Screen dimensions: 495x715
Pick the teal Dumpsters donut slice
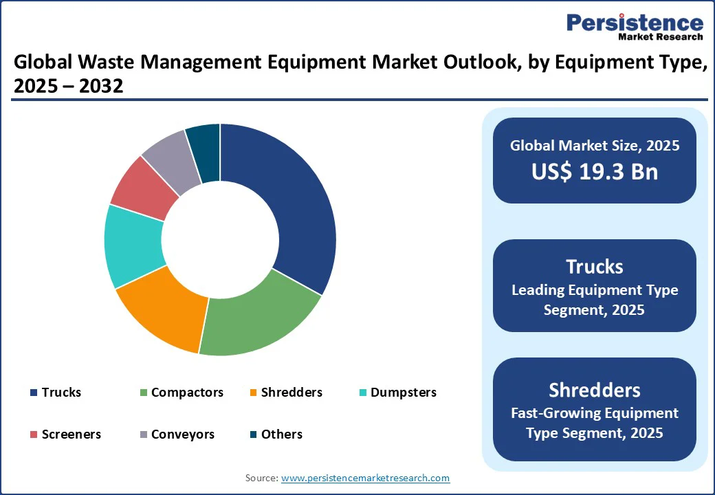(x=134, y=244)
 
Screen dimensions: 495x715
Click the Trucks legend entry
(x=61, y=393)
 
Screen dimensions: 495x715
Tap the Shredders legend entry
(x=291, y=393)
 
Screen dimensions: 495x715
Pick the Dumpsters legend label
(x=403, y=393)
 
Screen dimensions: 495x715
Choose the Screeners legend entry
(x=71, y=434)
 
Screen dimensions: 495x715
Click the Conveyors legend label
(x=182, y=434)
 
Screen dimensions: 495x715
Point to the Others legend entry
(x=281, y=434)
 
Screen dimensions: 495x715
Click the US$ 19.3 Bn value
(x=595, y=172)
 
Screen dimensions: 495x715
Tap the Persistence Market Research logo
(x=635, y=27)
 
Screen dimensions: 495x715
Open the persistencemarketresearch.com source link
(x=365, y=478)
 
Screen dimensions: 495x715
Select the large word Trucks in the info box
(x=595, y=267)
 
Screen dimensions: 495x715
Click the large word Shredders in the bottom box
(x=595, y=390)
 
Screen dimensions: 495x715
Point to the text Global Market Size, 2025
(x=595, y=146)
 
